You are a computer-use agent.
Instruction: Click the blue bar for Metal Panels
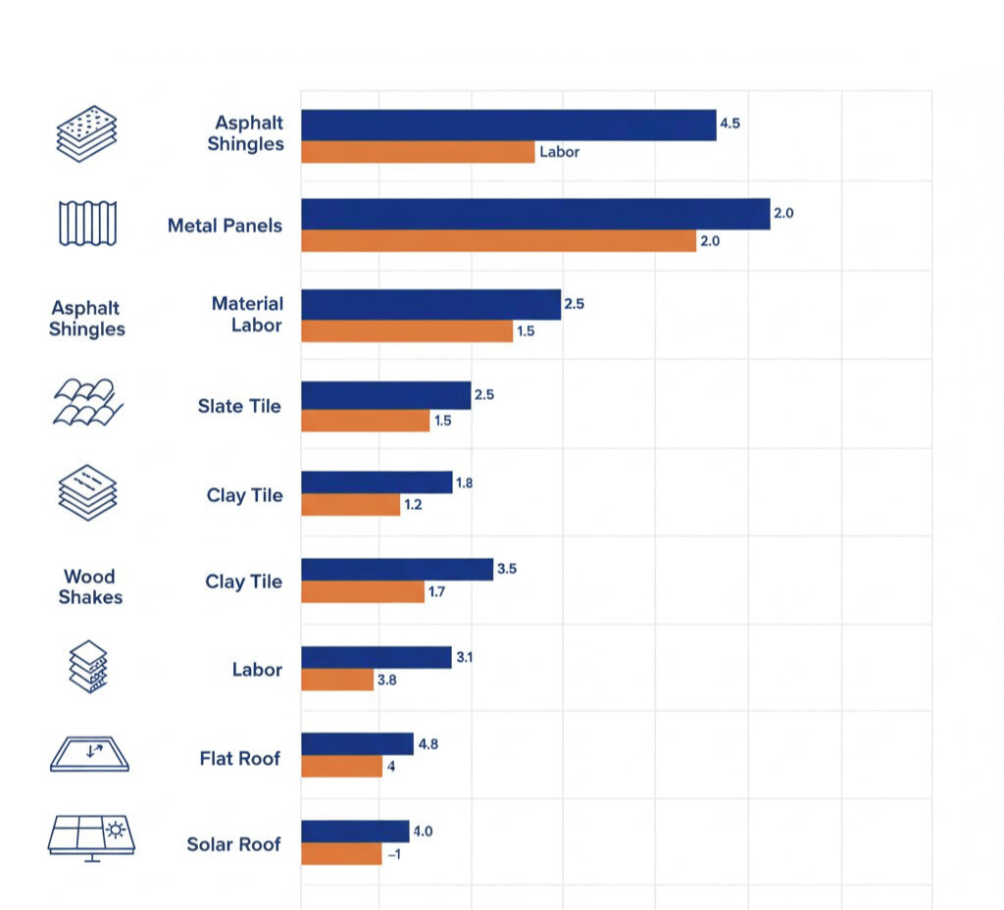coord(534,214)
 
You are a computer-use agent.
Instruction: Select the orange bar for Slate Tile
coord(365,421)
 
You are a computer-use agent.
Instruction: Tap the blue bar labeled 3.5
coord(396,569)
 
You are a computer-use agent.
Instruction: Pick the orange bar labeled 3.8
coord(337,680)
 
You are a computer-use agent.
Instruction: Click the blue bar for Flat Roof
coord(357,743)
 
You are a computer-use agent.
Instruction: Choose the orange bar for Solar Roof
coord(341,854)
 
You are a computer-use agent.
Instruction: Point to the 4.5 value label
coord(729,124)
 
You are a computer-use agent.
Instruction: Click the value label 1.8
coord(465,482)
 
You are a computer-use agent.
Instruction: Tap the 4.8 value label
coord(427,744)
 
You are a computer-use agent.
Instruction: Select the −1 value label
coord(393,854)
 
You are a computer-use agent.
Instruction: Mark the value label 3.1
coord(465,657)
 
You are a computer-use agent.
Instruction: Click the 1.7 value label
coord(436,592)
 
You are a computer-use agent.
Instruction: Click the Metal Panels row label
coord(225,226)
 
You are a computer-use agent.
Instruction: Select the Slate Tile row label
coord(239,406)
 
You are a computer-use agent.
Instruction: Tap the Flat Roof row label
coord(239,758)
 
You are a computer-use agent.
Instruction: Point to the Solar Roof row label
coord(233,844)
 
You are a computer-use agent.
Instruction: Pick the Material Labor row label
coord(247,314)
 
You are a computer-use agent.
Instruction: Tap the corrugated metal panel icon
coord(88,223)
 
